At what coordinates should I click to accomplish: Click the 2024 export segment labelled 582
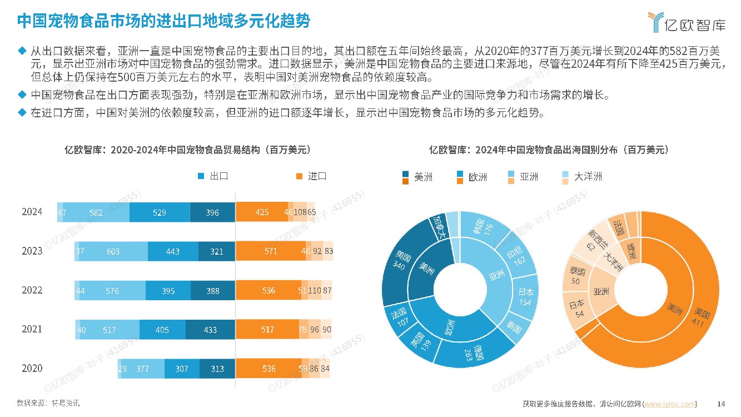(96, 212)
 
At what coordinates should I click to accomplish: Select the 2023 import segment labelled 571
(270, 251)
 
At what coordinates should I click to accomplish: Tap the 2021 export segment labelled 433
(210, 330)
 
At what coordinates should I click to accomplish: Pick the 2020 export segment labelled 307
(182, 369)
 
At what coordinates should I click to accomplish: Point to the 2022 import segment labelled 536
(268, 290)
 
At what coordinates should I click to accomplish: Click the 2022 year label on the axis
(32, 290)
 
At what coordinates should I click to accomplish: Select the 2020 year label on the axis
(32, 368)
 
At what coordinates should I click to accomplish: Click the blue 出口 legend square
(201, 176)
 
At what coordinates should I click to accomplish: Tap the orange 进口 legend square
(299, 176)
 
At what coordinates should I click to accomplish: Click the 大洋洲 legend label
(588, 177)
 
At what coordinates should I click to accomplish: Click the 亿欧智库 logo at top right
(686, 22)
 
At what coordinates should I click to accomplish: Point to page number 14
(722, 404)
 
